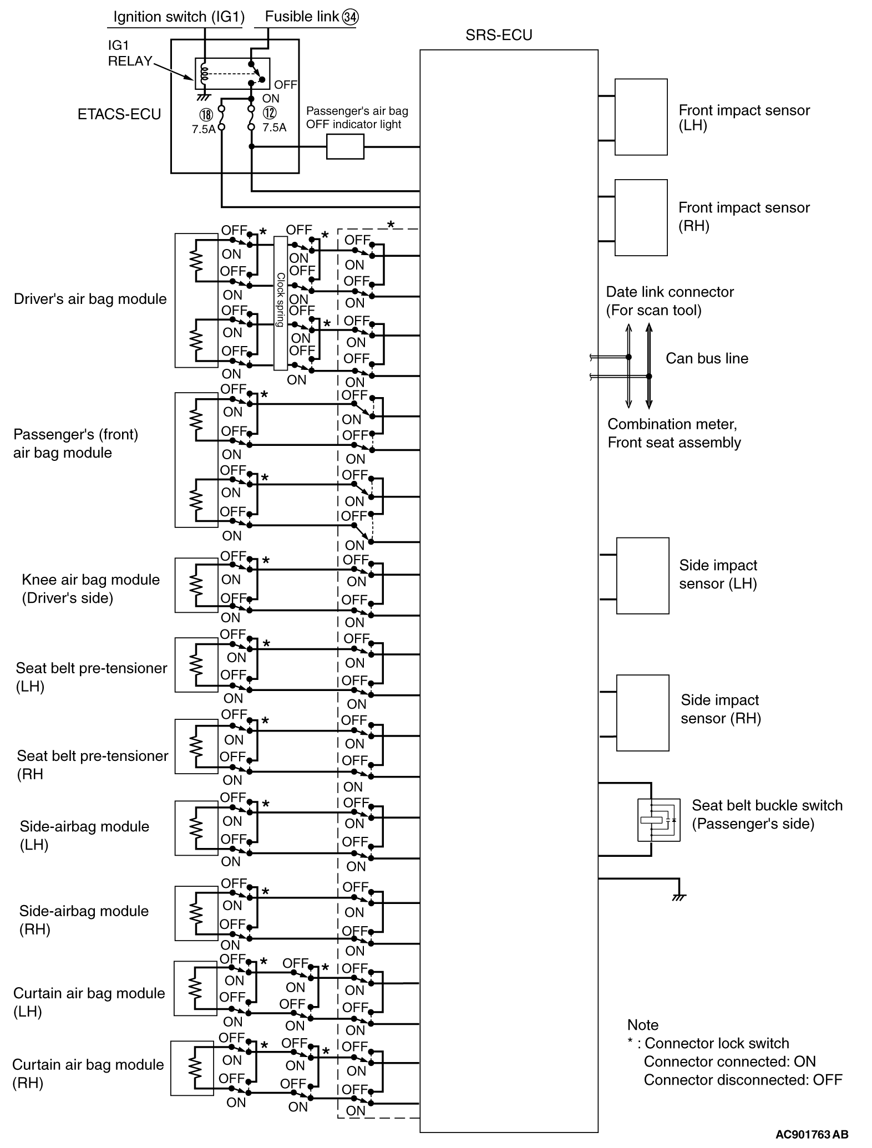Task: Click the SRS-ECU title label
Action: pyautogui.click(x=499, y=35)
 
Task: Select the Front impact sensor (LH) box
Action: pyautogui.click(x=641, y=117)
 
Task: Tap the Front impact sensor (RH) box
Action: pyautogui.click(x=641, y=217)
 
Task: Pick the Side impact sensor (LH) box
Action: pyautogui.click(x=642, y=576)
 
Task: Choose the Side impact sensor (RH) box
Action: pyautogui.click(x=642, y=713)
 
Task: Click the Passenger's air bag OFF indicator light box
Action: pyautogui.click(x=345, y=148)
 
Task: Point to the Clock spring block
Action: pyautogui.click(x=280, y=303)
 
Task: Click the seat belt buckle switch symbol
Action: pyautogui.click(x=658, y=820)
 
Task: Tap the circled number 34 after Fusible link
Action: pyautogui.click(x=350, y=17)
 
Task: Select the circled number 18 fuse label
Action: pyautogui.click(x=206, y=115)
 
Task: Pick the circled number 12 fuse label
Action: pyautogui.click(x=270, y=113)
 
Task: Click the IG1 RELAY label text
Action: pyautogui.click(x=129, y=54)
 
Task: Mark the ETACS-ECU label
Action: pyautogui.click(x=119, y=114)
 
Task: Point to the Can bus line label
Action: pyautogui.click(x=707, y=358)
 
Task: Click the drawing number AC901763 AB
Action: pyautogui.click(x=812, y=1134)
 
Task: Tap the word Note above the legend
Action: pyautogui.click(x=642, y=1025)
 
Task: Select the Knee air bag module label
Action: pyautogui.click(x=90, y=588)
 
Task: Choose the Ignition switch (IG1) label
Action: pyautogui.click(x=179, y=17)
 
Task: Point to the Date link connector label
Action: pyautogui.click(x=670, y=301)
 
